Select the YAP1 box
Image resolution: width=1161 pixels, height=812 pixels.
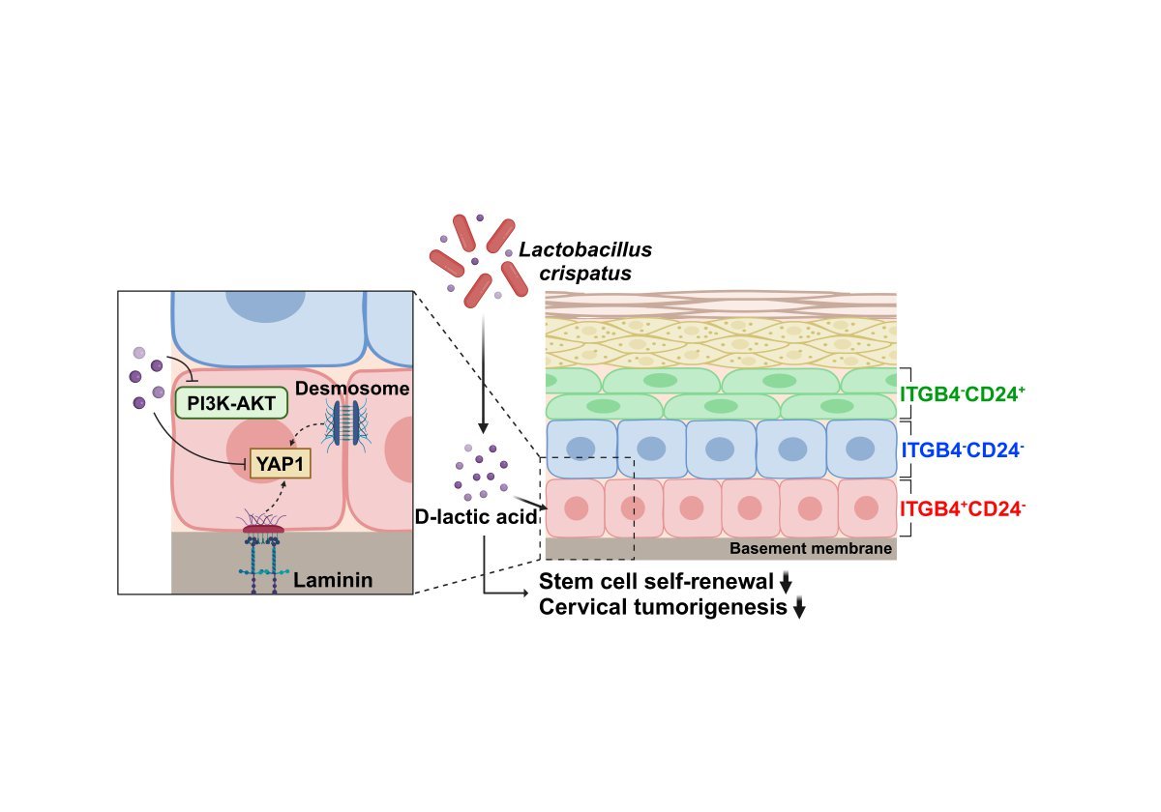tap(280, 463)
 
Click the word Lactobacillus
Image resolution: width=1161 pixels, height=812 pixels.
tap(585, 250)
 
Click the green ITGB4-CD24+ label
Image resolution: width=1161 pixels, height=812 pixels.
tap(962, 394)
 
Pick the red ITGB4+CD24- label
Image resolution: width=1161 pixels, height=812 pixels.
tap(962, 507)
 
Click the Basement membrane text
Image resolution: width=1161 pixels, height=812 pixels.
tap(810, 549)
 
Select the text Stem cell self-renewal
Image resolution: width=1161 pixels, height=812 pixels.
tap(657, 582)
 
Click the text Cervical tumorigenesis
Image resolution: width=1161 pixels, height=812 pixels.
tap(662, 607)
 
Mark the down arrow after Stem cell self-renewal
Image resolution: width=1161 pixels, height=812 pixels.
tap(787, 582)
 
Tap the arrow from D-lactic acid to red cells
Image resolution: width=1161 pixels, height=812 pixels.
tap(522, 497)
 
